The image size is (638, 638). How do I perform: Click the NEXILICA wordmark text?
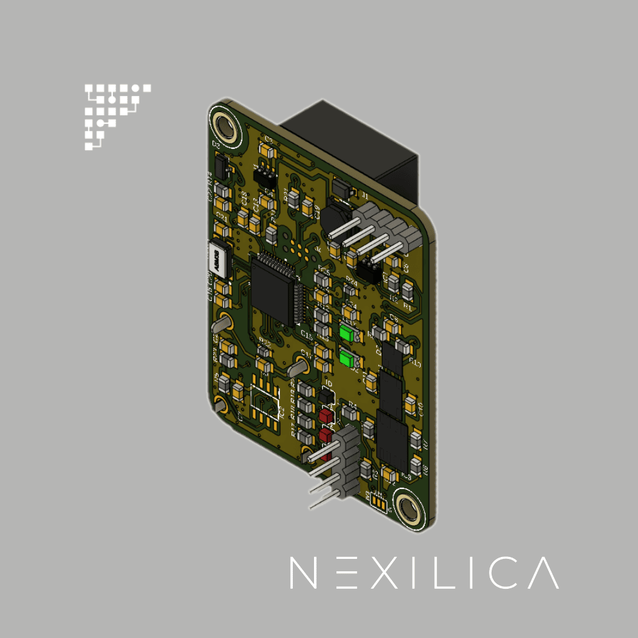coord(424,573)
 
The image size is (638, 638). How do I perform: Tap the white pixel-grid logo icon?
coord(117,117)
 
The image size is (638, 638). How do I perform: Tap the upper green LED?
coord(347,333)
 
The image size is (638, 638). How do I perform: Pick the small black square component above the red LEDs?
coord(326,395)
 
